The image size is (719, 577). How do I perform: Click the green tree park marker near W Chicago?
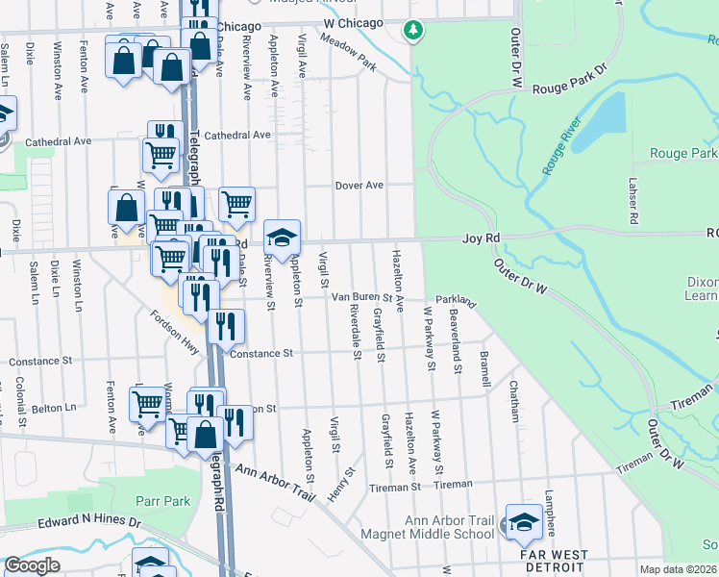413,31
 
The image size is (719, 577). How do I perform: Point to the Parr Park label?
162,501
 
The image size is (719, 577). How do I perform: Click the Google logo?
32,565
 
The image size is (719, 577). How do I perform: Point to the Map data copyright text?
678,569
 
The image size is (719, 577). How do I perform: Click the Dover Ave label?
359,185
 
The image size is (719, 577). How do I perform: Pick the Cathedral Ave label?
58,140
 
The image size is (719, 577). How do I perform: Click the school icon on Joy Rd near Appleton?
282,238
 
